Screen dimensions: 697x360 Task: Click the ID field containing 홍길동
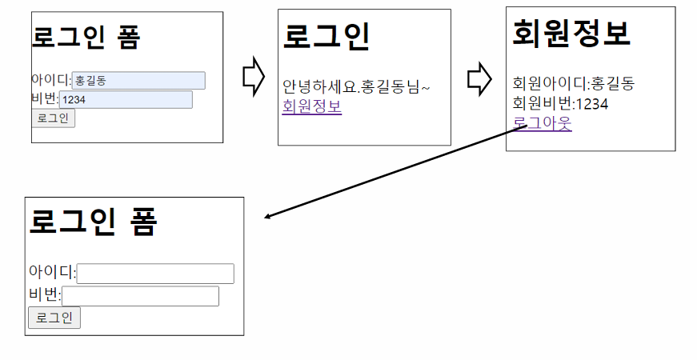pyautogui.click(x=138, y=81)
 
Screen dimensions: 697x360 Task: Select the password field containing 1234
pyautogui.click(x=126, y=99)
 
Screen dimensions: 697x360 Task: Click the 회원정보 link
pyautogui.click(x=312, y=106)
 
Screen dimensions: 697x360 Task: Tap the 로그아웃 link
pyautogui.click(x=543, y=123)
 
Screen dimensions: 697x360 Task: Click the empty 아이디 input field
pyautogui.click(x=155, y=274)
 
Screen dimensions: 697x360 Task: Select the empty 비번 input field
pyautogui.click(x=140, y=296)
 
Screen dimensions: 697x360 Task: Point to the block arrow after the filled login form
pyautogui.click(x=254, y=76)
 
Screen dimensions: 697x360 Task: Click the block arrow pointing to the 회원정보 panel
pyautogui.click(x=479, y=79)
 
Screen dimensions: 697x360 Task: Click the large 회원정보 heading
pyautogui.click(x=571, y=34)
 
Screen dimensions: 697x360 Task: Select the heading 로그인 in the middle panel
pyautogui.click(x=326, y=36)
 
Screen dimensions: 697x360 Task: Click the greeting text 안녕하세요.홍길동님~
pyautogui.click(x=356, y=86)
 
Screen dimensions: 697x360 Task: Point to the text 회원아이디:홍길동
pyautogui.click(x=574, y=83)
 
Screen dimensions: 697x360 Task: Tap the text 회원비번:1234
pyautogui.click(x=560, y=103)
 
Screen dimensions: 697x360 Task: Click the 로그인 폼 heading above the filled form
pyautogui.click(x=86, y=37)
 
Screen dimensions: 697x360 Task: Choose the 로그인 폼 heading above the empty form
pyautogui.click(x=93, y=222)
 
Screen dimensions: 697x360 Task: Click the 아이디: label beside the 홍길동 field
pyautogui.click(x=51, y=81)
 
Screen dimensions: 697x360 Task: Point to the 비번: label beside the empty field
pyautogui.click(x=45, y=295)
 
